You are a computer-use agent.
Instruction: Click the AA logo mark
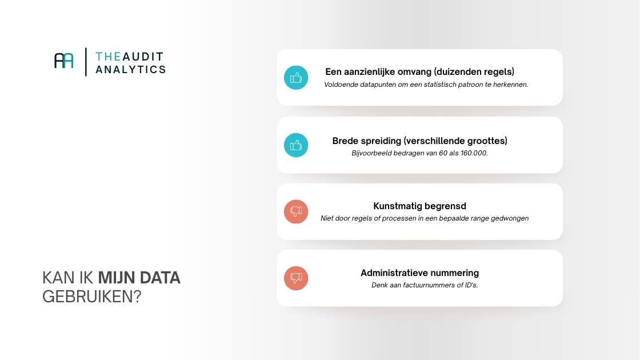pyautogui.click(x=64, y=61)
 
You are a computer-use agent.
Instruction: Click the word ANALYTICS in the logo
pyautogui.click(x=131, y=69)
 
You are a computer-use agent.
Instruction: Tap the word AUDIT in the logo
pyautogui.click(x=142, y=56)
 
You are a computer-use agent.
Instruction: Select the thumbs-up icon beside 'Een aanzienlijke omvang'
pyautogui.click(x=296, y=78)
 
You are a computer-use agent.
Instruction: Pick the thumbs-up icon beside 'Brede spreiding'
pyautogui.click(x=296, y=145)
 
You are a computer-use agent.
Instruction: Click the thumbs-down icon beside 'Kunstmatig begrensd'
pyautogui.click(x=296, y=211)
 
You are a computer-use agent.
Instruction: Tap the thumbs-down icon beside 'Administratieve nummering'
pyautogui.click(x=296, y=278)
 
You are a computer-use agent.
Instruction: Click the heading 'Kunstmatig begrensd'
pyautogui.click(x=419, y=206)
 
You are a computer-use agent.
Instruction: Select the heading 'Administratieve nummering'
pyautogui.click(x=419, y=273)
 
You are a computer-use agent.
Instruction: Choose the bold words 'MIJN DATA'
pyautogui.click(x=139, y=278)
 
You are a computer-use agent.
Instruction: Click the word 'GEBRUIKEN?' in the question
pyautogui.click(x=91, y=297)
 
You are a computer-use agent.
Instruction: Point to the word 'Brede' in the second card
pyautogui.click(x=345, y=141)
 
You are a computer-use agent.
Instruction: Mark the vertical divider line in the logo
pyautogui.click(x=86, y=62)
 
